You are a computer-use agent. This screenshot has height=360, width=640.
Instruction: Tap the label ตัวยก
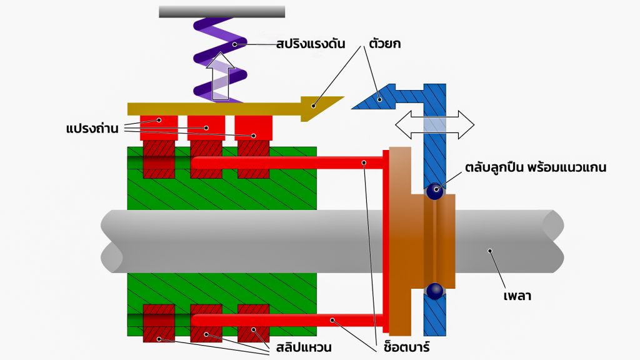[389, 46]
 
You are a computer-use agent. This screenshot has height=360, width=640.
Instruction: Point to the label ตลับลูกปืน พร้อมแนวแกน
[536, 167]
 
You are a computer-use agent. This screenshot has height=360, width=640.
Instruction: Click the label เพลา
[518, 296]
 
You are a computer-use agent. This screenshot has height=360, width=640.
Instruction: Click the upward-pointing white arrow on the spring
[221, 77]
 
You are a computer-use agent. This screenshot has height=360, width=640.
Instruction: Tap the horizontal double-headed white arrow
[434, 124]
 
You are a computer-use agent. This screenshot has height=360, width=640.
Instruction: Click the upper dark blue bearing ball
[434, 191]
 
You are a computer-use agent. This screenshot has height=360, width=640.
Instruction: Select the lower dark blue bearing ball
[434, 291]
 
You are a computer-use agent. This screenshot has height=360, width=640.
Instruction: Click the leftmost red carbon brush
[159, 127]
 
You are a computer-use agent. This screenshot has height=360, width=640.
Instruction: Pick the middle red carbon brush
[206, 127]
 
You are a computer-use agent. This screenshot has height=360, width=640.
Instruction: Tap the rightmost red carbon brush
[253, 127]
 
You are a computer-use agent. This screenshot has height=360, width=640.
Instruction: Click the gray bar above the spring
[222, 11]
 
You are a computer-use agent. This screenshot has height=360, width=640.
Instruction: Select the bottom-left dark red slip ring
[159, 323]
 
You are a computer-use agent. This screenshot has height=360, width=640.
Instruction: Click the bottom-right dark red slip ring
[253, 323]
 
